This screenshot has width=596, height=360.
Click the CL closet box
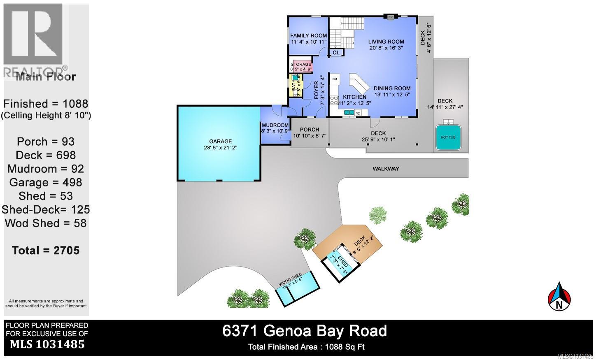click(x=336, y=53)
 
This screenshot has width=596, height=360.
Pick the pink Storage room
click(x=301, y=67)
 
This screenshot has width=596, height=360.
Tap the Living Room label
click(x=386, y=44)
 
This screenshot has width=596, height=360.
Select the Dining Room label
click(x=392, y=91)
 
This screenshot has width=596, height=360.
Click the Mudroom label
click(x=275, y=128)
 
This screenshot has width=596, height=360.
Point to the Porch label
click(x=309, y=132)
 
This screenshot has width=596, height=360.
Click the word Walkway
click(x=386, y=169)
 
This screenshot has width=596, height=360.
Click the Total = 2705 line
click(x=46, y=250)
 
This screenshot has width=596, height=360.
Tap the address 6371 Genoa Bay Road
click(x=305, y=331)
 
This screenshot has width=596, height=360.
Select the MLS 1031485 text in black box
click(x=47, y=344)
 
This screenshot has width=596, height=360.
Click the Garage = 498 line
click(x=46, y=182)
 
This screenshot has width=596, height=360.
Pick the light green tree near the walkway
click(x=377, y=215)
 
